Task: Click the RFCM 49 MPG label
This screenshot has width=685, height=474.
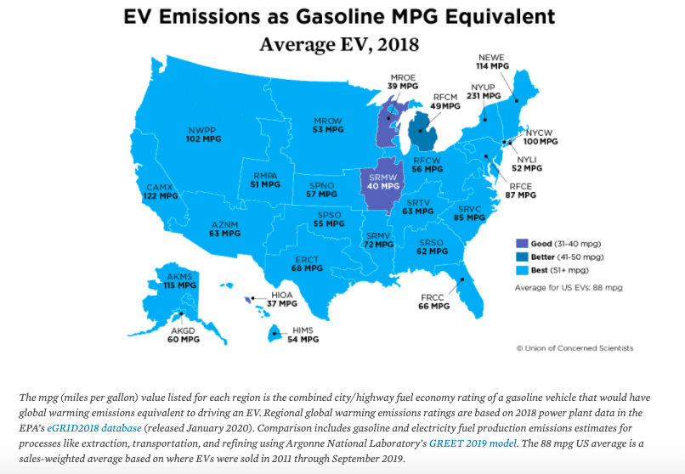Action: coord(445,103)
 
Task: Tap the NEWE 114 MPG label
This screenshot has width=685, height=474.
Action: coord(492,60)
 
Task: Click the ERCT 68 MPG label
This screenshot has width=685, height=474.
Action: coord(307,263)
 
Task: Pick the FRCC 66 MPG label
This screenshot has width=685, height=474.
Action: coord(434,302)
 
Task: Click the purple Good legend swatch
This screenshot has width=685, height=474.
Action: coord(522,243)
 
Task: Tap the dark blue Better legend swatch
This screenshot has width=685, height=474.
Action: coord(522,257)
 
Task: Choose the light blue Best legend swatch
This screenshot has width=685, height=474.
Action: coord(522,270)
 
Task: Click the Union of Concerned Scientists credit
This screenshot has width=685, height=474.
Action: coord(575,348)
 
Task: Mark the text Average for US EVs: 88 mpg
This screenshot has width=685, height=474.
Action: coord(569,288)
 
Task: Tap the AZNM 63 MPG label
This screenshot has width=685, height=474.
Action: coord(225,229)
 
